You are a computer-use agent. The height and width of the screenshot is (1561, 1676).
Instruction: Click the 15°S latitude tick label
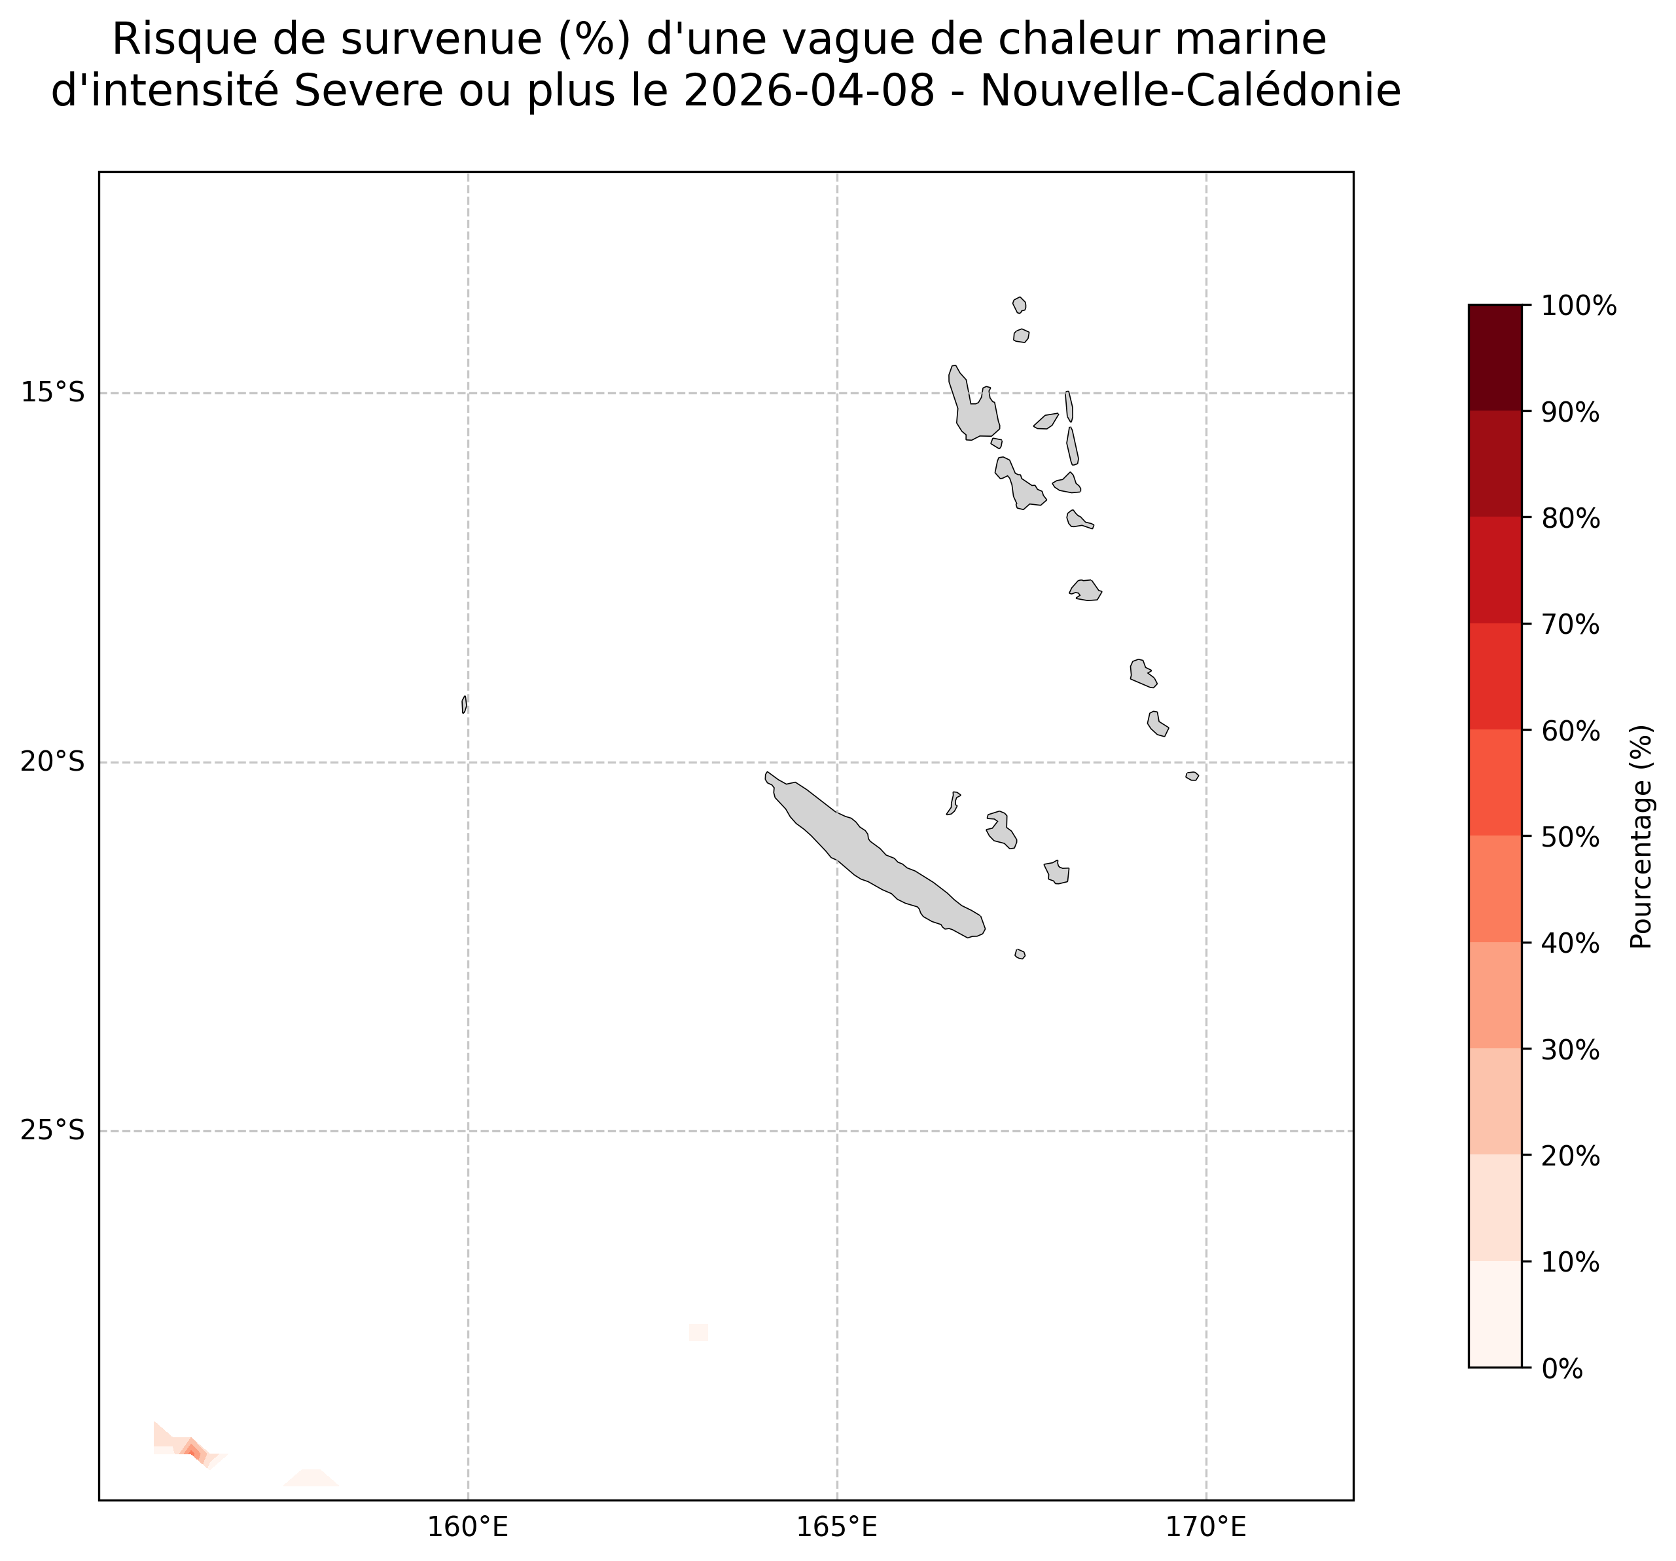coord(52,393)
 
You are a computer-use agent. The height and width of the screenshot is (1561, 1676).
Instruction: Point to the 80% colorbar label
coord(1571,519)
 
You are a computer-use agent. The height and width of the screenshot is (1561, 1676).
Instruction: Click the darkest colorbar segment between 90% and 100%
coord(1495,358)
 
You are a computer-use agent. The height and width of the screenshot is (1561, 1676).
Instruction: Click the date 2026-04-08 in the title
coord(810,92)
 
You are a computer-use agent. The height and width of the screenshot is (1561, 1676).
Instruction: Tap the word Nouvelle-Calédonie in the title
coord(1190,92)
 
